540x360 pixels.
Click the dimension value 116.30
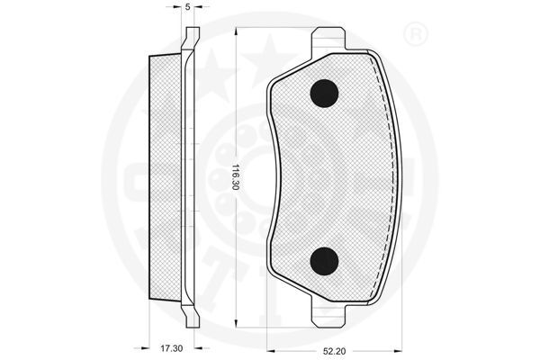tap(235, 176)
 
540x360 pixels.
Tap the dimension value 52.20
tap(335, 352)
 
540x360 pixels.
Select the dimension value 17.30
tap(171, 348)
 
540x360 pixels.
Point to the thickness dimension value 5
tap(188, 7)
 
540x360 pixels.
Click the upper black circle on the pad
tap(324, 94)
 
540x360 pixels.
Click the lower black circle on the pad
tap(324, 262)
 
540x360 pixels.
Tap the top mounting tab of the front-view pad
tap(328, 40)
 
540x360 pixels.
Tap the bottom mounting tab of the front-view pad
tap(328, 314)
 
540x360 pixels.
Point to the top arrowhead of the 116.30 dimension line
tap(236, 31)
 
